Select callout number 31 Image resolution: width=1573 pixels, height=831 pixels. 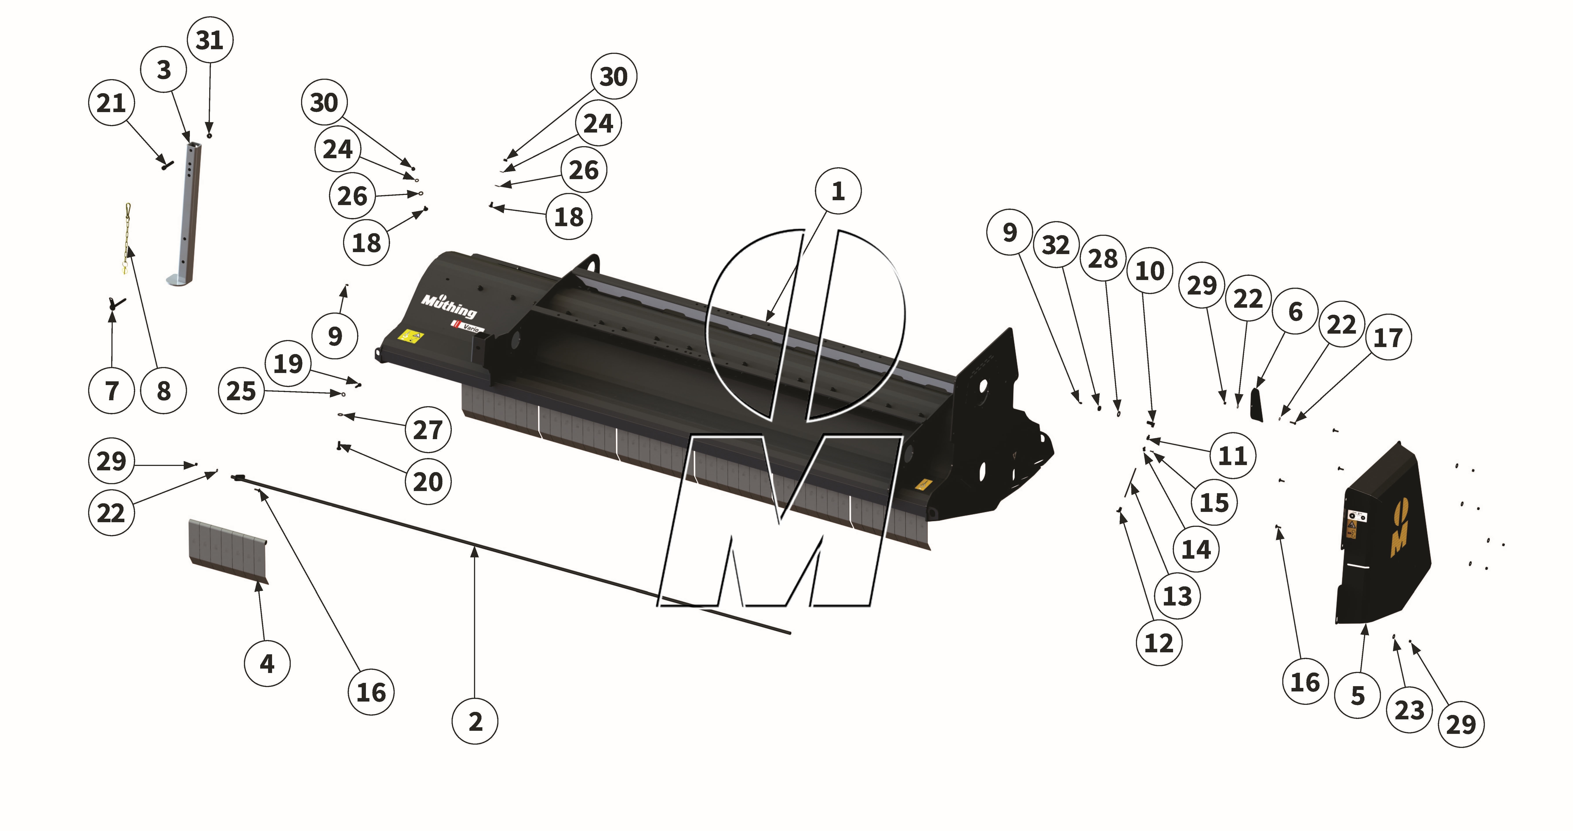[209, 40]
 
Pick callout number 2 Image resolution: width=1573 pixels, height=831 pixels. [475, 721]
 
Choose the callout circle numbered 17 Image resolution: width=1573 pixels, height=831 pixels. [1388, 337]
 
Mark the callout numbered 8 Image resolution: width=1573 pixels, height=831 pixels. [164, 391]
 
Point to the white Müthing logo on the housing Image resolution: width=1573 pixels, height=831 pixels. [449, 305]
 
